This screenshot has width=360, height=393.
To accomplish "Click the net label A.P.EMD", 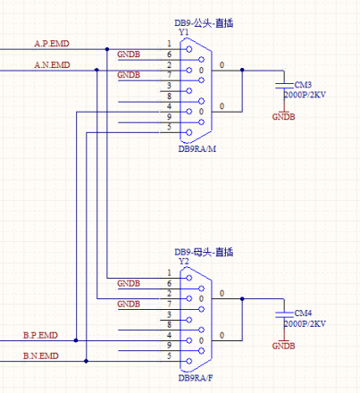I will point(52,43).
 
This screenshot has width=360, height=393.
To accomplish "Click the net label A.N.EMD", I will point(52,64).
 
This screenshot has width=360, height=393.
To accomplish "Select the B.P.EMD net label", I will point(40,335).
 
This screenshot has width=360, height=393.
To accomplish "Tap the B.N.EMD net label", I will point(40,355).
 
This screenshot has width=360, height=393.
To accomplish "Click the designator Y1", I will point(184,32).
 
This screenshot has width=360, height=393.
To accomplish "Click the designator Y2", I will point(184,262).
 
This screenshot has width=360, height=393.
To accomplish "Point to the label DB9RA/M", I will point(197,148).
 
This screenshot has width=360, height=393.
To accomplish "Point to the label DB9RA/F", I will point(196,378).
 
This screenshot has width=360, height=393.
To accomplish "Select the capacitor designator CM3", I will point(303,84).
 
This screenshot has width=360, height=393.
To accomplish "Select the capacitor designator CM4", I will point(303,313).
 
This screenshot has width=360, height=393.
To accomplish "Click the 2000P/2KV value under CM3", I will point(304,94).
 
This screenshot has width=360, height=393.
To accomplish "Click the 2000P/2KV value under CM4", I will point(304,322).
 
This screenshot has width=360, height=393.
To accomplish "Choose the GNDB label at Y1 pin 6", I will point(129,54).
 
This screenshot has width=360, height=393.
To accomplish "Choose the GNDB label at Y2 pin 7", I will point(129,304).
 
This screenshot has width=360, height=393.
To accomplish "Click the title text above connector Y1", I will point(209,21).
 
